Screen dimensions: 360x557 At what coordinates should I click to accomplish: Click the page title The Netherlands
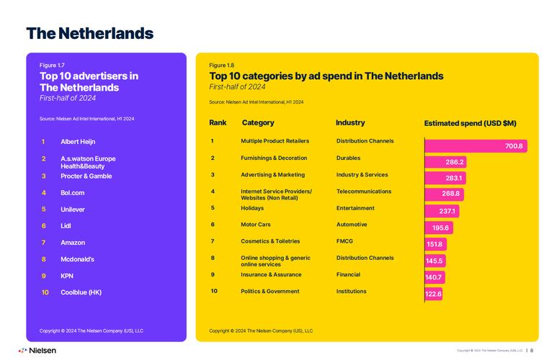(89, 33)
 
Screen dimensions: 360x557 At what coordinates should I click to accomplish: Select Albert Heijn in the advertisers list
(78, 142)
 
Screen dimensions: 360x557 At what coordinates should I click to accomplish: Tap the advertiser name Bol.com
(73, 193)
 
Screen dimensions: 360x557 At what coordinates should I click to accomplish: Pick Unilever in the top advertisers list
(73, 210)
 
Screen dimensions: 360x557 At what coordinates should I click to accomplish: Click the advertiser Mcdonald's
(77, 259)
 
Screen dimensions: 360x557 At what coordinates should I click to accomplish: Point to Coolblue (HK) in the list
(81, 292)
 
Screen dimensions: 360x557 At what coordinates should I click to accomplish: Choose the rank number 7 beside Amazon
(43, 243)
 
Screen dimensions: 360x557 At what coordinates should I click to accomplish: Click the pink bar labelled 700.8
(476, 146)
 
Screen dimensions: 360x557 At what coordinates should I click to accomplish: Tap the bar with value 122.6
(433, 294)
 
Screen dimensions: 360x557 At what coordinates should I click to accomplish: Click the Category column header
(258, 123)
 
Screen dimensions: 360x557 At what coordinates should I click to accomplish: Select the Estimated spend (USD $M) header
(470, 124)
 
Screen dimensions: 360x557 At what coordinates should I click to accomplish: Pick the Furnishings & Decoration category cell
(274, 158)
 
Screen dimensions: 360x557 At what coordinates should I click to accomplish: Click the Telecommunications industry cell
(364, 192)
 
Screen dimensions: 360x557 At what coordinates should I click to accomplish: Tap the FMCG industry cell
(345, 241)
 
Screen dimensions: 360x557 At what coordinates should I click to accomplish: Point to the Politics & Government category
(270, 292)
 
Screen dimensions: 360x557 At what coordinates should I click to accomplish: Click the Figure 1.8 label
(221, 65)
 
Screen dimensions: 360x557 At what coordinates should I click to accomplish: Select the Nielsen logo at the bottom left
(37, 351)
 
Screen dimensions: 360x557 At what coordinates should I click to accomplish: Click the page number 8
(532, 351)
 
